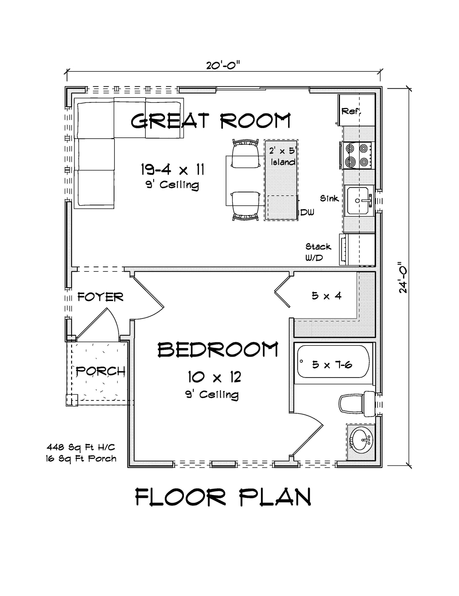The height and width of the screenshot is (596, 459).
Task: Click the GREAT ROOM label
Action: pyautogui.click(x=211, y=121)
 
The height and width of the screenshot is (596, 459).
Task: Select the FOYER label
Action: pyautogui.click(x=100, y=297)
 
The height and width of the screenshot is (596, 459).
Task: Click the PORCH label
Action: pyautogui.click(x=100, y=371)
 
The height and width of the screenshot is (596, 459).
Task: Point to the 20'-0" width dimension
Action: pyautogui.click(x=223, y=65)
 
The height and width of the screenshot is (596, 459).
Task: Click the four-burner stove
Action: pyautogui.click(x=357, y=155)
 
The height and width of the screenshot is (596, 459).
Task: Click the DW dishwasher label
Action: pyautogui.click(x=307, y=212)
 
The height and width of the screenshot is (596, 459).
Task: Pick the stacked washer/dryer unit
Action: pyautogui.click(x=357, y=249)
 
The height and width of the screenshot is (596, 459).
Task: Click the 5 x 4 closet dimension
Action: pyautogui.click(x=326, y=296)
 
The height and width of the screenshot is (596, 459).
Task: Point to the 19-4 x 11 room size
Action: pyautogui.click(x=172, y=170)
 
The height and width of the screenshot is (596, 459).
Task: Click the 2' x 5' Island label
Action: pyautogui.click(x=282, y=156)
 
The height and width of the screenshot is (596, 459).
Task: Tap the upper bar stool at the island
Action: pyautogui.click(x=246, y=154)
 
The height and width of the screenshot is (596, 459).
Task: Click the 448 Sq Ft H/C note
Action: pyautogui.click(x=81, y=447)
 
